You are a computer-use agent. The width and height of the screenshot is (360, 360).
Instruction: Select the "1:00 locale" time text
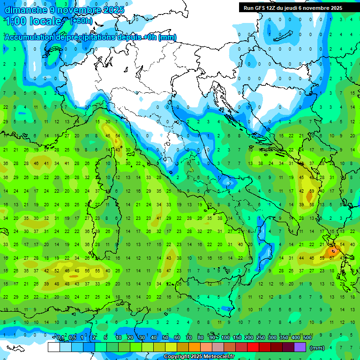tap(34, 22)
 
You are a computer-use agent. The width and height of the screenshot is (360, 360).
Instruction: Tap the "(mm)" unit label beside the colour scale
tap(317, 348)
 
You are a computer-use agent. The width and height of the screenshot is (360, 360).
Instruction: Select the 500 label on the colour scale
tap(307, 338)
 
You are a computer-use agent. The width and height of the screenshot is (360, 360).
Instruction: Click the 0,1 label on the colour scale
tap(60, 338)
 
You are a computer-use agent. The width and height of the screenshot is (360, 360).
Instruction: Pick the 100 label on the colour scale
tap(225, 338)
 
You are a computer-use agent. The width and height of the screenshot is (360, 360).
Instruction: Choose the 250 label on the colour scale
tap(261, 338)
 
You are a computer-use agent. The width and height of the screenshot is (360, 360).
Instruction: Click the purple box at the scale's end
tap(300, 347)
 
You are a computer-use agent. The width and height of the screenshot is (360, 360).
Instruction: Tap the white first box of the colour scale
tap(54, 347)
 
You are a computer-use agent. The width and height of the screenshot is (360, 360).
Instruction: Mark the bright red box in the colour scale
tap(253, 347)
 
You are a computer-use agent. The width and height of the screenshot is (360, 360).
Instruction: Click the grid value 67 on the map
tap(331, 258)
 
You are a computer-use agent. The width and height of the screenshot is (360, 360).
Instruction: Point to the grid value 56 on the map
tap(87, 271)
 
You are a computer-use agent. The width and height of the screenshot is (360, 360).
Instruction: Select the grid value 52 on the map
tap(57, 271)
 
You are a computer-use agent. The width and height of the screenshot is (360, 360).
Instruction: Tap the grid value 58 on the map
tap(312, 205)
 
